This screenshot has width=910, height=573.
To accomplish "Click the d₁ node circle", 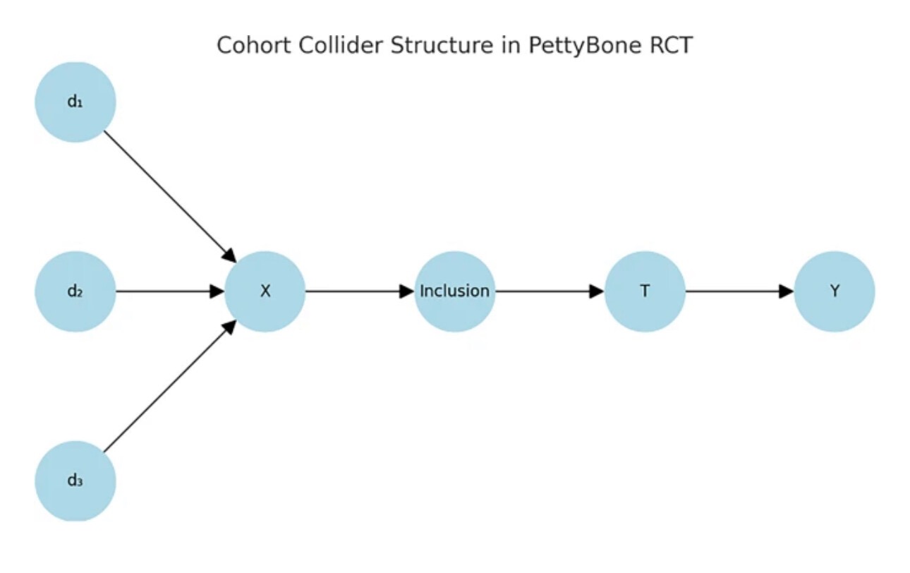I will click(x=75, y=102).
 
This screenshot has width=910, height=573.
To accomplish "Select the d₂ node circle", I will click(x=75, y=291).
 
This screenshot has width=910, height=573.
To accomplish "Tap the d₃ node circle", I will click(x=75, y=481).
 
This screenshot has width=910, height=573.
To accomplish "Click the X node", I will click(x=265, y=291).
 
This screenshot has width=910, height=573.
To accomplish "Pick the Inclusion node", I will click(x=454, y=291).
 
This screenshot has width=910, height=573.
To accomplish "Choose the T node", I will click(x=645, y=291).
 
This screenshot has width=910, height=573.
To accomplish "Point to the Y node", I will click(x=834, y=291).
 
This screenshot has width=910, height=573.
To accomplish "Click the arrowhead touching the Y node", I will click(x=787, y=291).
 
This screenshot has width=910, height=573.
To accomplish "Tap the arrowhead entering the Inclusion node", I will click(x=406, y=291).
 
